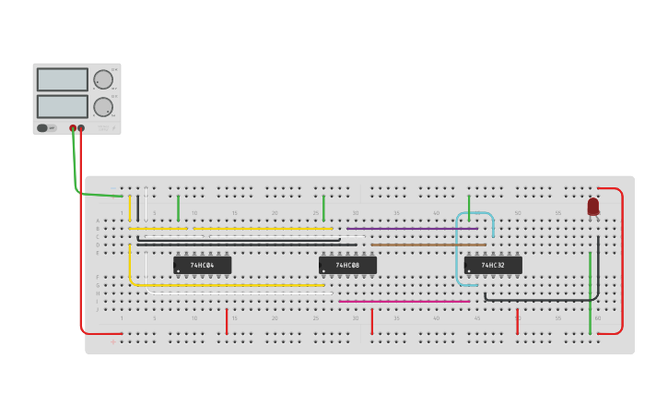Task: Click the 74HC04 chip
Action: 202,265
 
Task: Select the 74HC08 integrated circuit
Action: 347,265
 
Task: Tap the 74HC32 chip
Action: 493,265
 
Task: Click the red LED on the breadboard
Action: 592,207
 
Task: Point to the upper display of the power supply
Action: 63,79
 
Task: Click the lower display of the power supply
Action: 63,105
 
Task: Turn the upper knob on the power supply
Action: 102,79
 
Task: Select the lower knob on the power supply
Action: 102,106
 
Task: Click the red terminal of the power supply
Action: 81,128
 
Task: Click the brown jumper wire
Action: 428,245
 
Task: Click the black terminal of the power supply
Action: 73,128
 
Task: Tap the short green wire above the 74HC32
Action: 468,207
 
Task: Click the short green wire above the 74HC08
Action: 323,207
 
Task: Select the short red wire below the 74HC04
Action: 227,321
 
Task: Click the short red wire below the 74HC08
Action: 371,321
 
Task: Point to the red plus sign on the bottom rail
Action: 113,342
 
